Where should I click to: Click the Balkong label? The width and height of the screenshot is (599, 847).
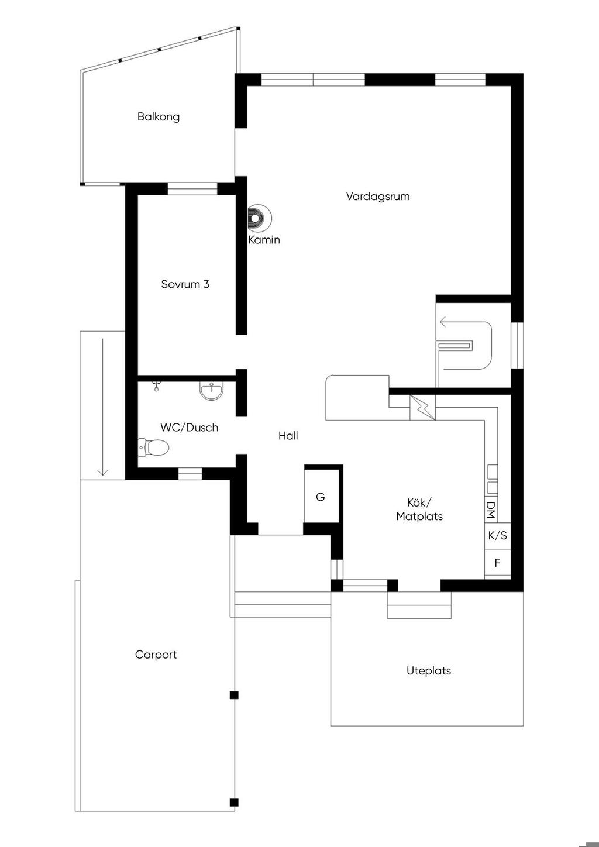pyautogui.click(x=159, y=116)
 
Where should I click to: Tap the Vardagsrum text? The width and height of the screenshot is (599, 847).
pyautogui.click(x=378, y=196)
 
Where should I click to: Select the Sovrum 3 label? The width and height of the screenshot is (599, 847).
pyautogui.click(x=185, y=284)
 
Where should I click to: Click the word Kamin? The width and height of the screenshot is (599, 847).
pyautogui.click(x=264, y=240)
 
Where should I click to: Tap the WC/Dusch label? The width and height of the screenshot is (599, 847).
pyautogui.click(x=189, y=428)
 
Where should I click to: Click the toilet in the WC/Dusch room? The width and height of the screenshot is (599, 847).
pyautogui.click(x=153, y=447)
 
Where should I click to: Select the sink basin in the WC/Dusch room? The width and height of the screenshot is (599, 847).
pyautogui.click(x=212, y=391)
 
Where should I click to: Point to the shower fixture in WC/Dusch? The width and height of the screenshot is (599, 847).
pyautogui.click(x=156, y=386)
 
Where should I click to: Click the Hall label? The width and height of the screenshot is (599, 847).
pyautogui.click(x=288, y=436)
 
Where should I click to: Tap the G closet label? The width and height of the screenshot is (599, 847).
pyautogui.click(x=321, y=497)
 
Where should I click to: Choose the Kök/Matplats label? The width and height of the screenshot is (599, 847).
pyautogui.click(x=419, y=509)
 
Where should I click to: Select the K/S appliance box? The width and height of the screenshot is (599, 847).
pyautogui.click(x=498, y=535)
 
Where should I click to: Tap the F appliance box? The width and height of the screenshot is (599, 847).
pyautogui.click(x=498, y=563)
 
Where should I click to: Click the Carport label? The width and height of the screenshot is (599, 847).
pyautogui.click(x=156, y=655)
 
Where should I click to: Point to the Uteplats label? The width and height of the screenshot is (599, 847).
pyautogui.click(x=429, y=671)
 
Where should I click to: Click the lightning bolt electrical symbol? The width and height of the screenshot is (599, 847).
pyautogui.click(x=423, y=408)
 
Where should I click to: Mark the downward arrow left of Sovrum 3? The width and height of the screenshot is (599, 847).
pyautogui.click(x=103, y=407)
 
